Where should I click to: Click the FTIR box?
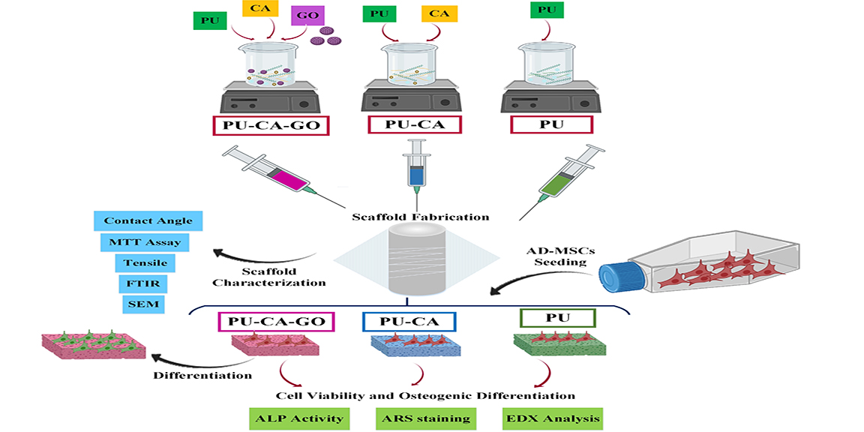click(139, 283)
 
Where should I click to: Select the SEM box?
click(139, 304)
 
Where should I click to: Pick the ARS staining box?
click(424, 418)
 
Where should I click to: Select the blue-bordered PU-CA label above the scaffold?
click(409, 321)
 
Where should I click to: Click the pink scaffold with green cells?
click(94, 346)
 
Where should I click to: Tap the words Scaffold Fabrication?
click(421, 217)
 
